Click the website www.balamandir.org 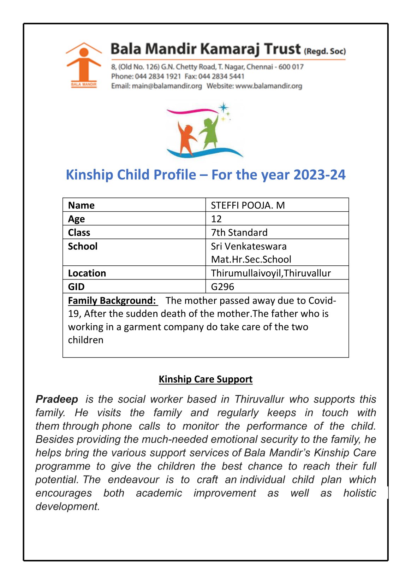tap(269, 86)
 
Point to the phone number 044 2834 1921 tap(158, 76)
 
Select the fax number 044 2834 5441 tap(221, 76)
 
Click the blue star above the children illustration tap(223, 107)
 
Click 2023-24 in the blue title tap(319, 175)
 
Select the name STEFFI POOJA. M tap(248, 205)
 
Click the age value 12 tap(216, 219)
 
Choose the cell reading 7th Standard tap(239, 232)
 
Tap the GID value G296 tap(222, 287)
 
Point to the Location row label tap(87, 273)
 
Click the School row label tap(83, 246)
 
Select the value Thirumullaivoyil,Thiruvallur tap(271, 273)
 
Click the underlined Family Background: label tap(112, 301)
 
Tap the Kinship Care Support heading tap(205, 379)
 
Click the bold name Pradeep tap(57, 399)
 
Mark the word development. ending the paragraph tap(68, 506)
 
